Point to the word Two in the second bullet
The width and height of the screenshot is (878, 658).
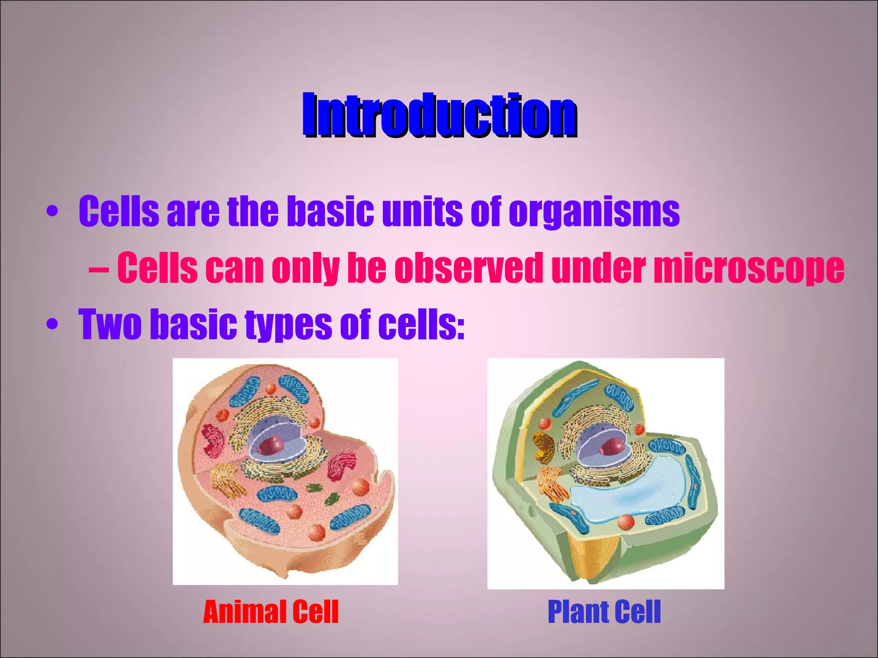point(110,324)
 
